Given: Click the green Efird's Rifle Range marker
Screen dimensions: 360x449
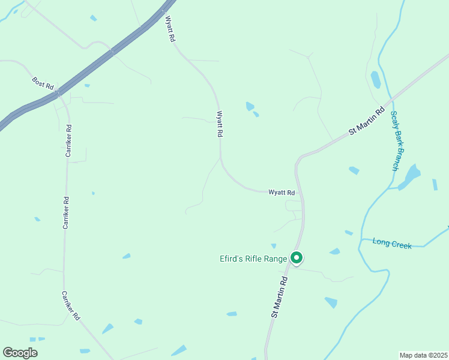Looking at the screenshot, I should pyautogui.click(x=296, y=257).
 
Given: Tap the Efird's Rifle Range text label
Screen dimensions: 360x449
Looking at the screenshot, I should pyautogui.click(x=253, y=259).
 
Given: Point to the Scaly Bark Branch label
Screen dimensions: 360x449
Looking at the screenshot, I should pyautogui.click(x=394, y=141).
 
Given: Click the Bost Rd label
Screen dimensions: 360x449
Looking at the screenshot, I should pyautogui.click(x=43, y=82).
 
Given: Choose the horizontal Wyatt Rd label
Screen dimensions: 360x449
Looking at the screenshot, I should pyautogui.click(x=282, y=193).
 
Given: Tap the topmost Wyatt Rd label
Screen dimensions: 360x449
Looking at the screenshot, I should pyautogui.click(x=170, y=29).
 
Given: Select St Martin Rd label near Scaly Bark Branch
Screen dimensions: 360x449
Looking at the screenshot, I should pyautogui.click(x=367, y=121).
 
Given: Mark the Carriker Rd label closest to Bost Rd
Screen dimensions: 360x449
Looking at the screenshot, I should pyautogui.click(x=69, y=141).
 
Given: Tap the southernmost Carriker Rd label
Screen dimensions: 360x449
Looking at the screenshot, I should pyautogui.click(x=70, y=306).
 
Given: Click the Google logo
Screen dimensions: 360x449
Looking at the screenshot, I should pyautogui.click(x=20, y=353).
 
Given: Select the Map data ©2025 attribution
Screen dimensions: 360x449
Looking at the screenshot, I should pyautogui.click(x=423, y=355).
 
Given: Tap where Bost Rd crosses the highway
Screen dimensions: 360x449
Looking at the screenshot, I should pyautogui.click(x=58, y=93).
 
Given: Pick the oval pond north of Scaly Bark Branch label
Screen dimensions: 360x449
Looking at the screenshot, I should pyautogui.click(x=376, y=80).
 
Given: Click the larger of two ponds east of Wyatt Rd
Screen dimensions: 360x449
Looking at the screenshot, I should pyautogui.click(x=250, y=106).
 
